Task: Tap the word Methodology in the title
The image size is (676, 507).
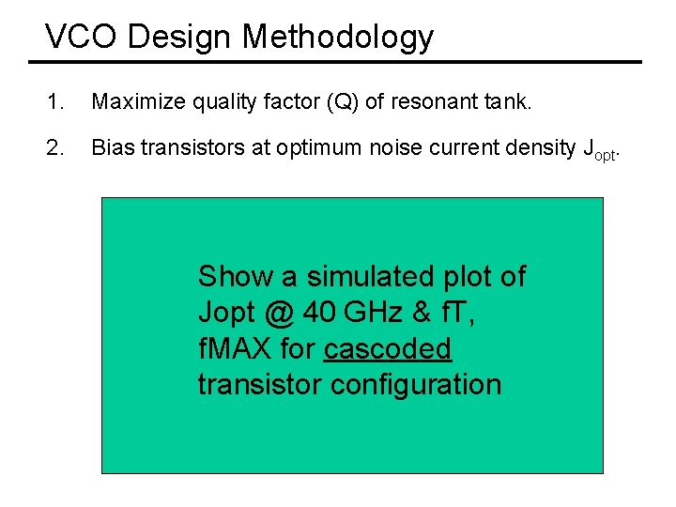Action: tap(338, 38)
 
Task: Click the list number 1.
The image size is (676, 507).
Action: tap(54, 101)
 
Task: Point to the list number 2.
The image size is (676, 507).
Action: tap(54, 147)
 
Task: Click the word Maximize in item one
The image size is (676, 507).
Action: tap(131, 101)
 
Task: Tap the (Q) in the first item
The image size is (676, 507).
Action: tap(342, 101)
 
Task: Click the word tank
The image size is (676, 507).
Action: tap(508, 101)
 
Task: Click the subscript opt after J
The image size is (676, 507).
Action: tap(607, 154)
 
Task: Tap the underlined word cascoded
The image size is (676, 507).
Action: tap(388, 348)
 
